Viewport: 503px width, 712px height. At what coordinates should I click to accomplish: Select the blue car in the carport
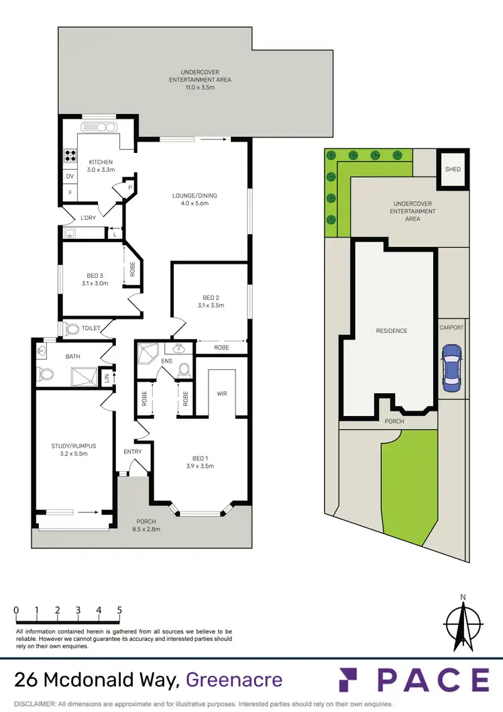pyautogui.click(x=452, y=368)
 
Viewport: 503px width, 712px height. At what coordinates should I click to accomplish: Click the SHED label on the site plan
pyautogui.click(x=453, y=169)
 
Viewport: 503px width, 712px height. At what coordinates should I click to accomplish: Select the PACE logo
pyautogui.click(x=414, y=680)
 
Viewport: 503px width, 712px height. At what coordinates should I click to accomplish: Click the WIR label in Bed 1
pyautogui.click(x=221, y=393)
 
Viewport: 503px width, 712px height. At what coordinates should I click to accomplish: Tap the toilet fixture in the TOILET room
pyautogui.click(x=71, y=328)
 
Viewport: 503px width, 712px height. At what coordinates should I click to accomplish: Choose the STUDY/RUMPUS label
pyautogui.click(x=69, y=446)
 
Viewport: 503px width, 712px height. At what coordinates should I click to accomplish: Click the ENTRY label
pyautogui.click(x=133, y=452)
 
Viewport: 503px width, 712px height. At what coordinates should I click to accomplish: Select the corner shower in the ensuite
pyautogui.click(x=146, y=352)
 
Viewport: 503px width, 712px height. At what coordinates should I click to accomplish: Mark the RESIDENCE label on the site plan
pyautogui.click(x=391, y=331)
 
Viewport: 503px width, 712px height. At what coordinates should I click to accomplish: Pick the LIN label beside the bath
pyautogui.click(x=106, y=378)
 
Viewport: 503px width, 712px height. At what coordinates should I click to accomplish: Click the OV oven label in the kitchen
pyautogui.click(x=69, y=176)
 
